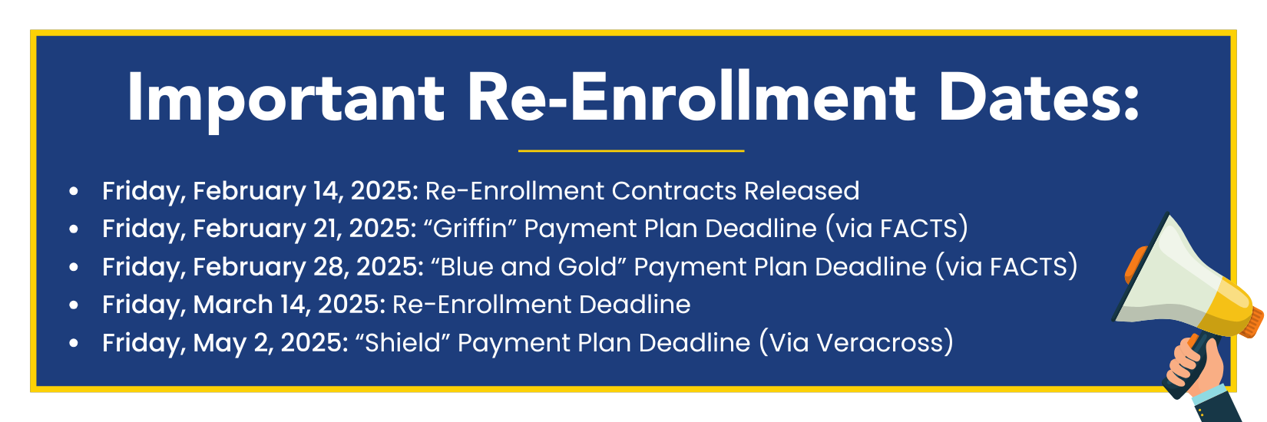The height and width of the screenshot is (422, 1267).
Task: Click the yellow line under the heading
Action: (x=631, y=151)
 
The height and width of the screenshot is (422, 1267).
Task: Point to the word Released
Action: (x=802, y=190)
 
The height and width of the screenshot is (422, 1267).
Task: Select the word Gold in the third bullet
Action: (x=587, y=266)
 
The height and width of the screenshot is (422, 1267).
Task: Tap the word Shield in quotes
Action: (x=402, y=342)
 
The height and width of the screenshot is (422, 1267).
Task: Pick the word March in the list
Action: (x=233, y=305)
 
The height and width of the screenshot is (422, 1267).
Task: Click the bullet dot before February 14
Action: (x=74, y=191)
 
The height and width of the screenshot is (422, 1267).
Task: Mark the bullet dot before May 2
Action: (x=74, y=343)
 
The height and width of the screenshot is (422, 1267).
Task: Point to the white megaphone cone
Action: (x=1165, y=277)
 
